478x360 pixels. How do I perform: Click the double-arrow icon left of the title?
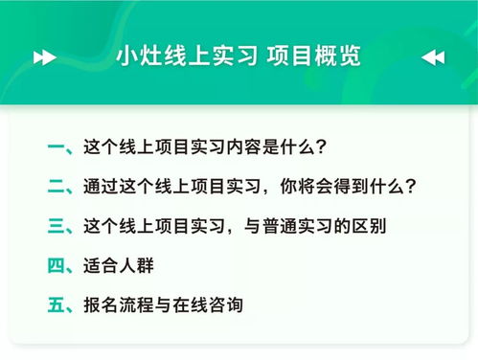[44, 56]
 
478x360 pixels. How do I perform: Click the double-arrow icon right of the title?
[433, 56]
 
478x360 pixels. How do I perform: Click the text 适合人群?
[114, 265]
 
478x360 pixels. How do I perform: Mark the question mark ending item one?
[322, 148]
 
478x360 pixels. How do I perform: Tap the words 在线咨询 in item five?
[207, 305]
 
